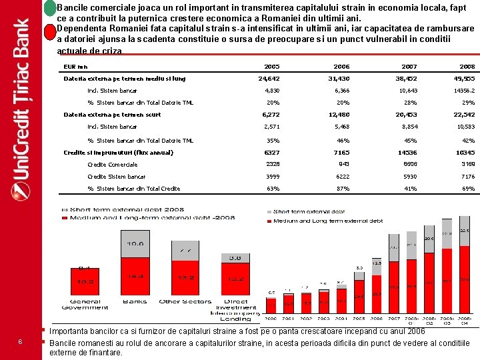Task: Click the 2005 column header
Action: (271, 67)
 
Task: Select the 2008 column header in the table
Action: (467, 67)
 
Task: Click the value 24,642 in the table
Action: (269, 79)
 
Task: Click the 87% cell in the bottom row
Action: (343, 189)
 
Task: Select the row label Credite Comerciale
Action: (113, 165)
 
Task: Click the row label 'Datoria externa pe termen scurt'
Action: (112, 115)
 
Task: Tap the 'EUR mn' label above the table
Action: (75, 67)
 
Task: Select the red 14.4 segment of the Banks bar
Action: (135, 275)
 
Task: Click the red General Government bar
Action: (85, 281)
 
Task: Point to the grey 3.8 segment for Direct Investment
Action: (235, 257)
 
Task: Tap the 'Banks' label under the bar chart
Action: (135, 301)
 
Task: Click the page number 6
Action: (21, 342)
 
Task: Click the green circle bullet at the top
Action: (50, 9)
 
